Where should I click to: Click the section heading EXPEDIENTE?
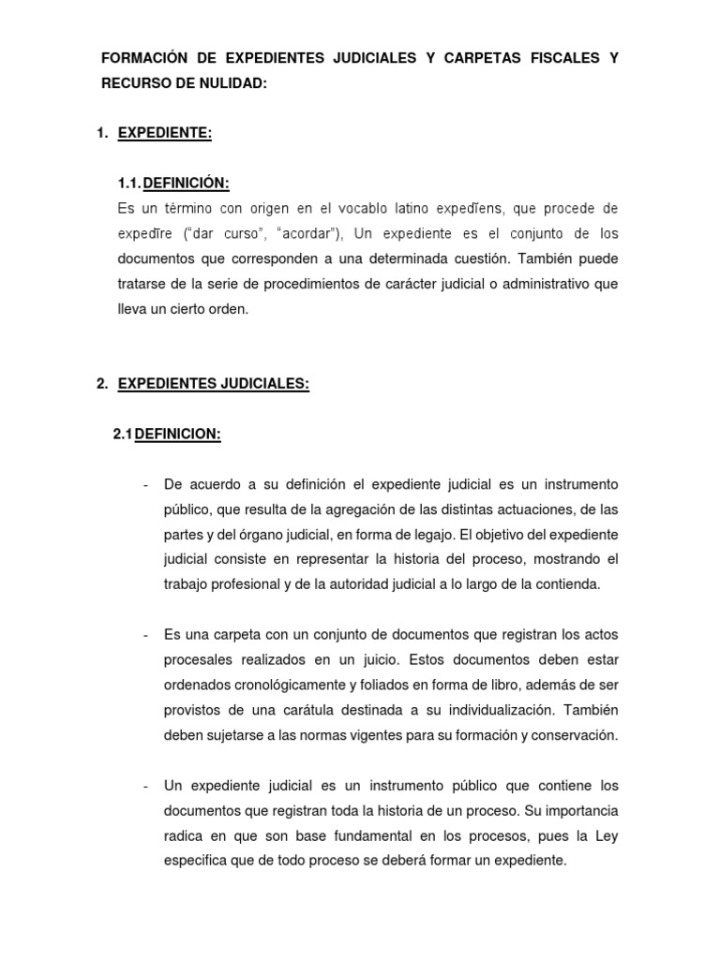pyautogui.click(x=165, y=134)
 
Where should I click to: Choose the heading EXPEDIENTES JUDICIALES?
pyautogui.click(x=213, y=384)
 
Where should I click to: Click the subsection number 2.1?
pyautogui.click(x=123, y=435)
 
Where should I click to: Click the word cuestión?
pyautogui.click(x=445, y=258)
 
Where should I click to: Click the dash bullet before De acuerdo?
pyautogui.click(x=146, y=484)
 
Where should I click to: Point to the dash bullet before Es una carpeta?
pyautogui.click(x=146, y=635)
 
